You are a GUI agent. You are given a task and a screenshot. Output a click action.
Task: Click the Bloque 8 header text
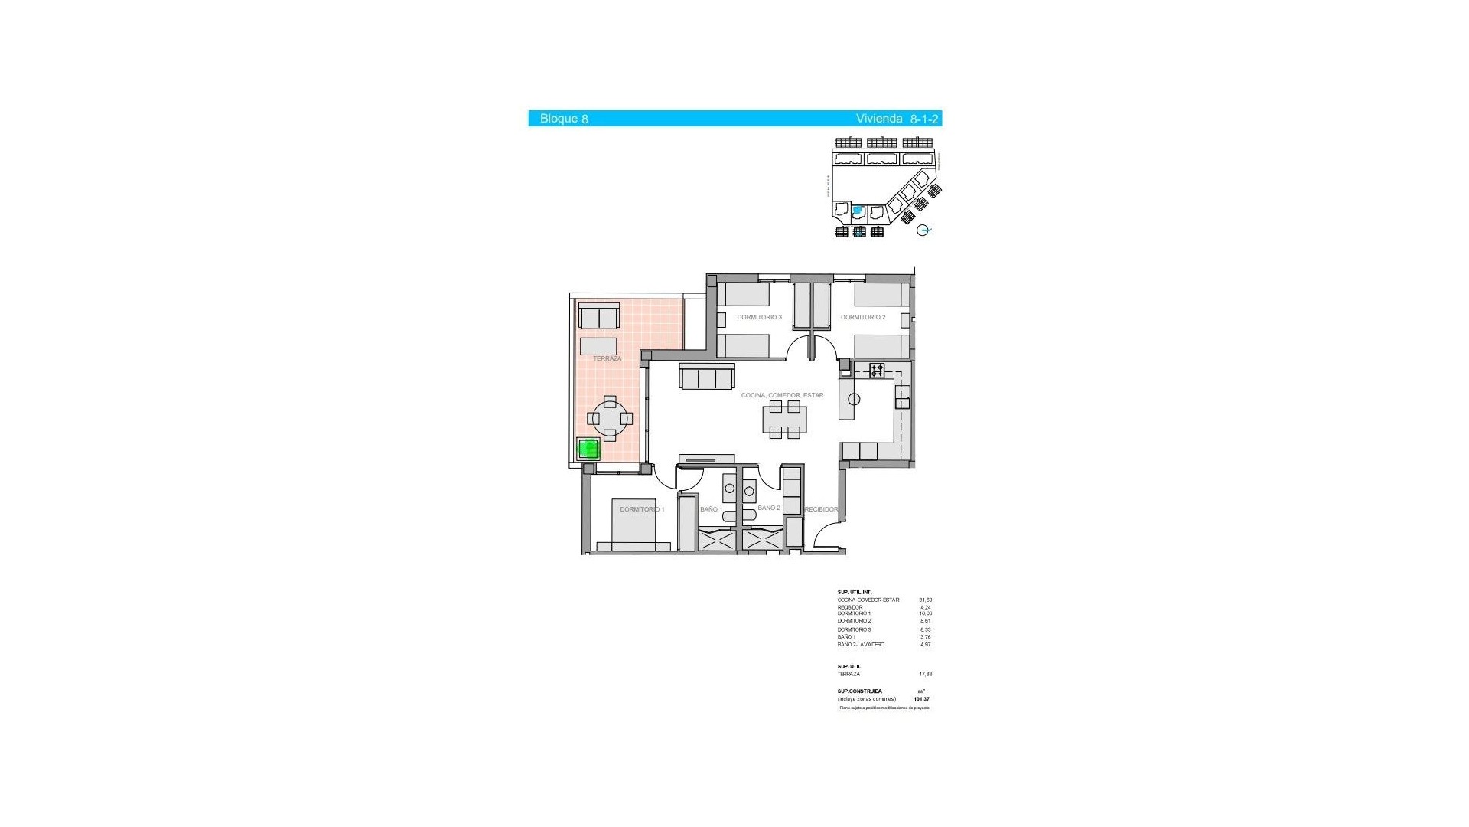coord(564,119)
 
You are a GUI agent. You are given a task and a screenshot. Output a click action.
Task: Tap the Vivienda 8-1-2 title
coord(897,119)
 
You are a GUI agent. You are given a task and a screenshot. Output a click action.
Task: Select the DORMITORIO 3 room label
coord(759,317)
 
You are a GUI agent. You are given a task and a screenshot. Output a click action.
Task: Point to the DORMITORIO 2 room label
coord(862,317)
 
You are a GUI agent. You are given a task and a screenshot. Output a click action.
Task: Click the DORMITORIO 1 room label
coord(642,509)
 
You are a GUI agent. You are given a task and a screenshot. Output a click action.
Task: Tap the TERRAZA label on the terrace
coord(607,358)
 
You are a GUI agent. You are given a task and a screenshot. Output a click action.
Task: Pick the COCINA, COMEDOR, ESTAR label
coord(782,395)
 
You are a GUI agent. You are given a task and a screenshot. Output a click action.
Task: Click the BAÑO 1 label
coord(711,509)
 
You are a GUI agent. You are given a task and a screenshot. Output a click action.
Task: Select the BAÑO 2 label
coord(768,508)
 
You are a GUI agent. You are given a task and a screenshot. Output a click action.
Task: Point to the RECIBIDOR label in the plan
coord(821,509)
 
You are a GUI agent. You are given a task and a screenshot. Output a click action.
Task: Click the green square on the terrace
coord(588,449)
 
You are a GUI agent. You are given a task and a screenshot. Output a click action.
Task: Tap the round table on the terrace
coord(610,419)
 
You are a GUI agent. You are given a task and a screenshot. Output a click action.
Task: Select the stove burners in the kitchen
coord(877,371)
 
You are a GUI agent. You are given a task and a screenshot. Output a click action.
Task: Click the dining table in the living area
coord(784,420)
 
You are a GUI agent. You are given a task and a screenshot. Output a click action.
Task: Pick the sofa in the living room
coord(707,377)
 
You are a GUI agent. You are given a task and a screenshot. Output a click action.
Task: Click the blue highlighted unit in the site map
coord(858,210)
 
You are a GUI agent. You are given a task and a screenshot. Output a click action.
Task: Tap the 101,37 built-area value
coord(921,699)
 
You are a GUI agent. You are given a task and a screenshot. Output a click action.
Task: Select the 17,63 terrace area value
coord(925,675)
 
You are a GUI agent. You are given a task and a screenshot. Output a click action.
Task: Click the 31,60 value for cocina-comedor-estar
coord(925,600)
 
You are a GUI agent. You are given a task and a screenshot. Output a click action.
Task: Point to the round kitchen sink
coord(854,399)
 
